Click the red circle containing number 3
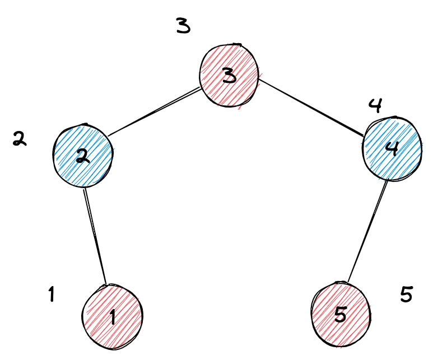(230, 74)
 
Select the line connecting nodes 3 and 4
(311, 106)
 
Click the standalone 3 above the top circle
(183, 26)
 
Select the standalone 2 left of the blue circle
(20, 139)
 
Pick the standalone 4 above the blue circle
(375, 105)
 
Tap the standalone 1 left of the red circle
(51, 294)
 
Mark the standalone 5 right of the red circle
(407, 294)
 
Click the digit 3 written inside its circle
(229, 76)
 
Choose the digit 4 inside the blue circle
(392, 149)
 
